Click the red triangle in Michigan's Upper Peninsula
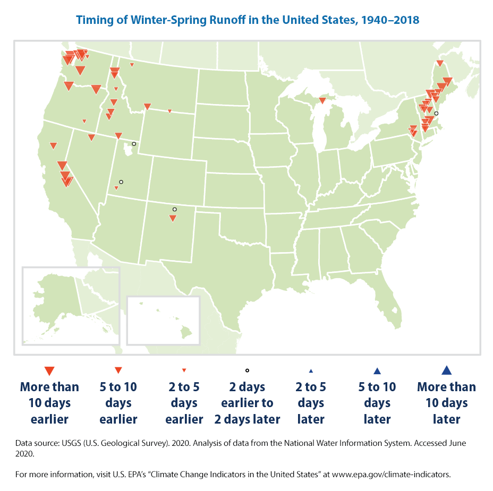(x=322, y=100)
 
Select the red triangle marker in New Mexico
(x=172, y=218)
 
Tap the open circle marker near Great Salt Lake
(x=134, y=144)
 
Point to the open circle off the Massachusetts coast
(x=436, y=114)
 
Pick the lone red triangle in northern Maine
(x=439, y=64)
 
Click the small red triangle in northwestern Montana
(x=132, y=65)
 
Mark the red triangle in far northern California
(x=53, y=145)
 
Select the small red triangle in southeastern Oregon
(x=84, y=121)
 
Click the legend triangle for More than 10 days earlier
(x=49, y=371)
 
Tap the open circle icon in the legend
(x=247, y=371)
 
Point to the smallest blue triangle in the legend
(x=311, y=371)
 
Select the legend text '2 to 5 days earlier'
(x=184, y=403)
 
